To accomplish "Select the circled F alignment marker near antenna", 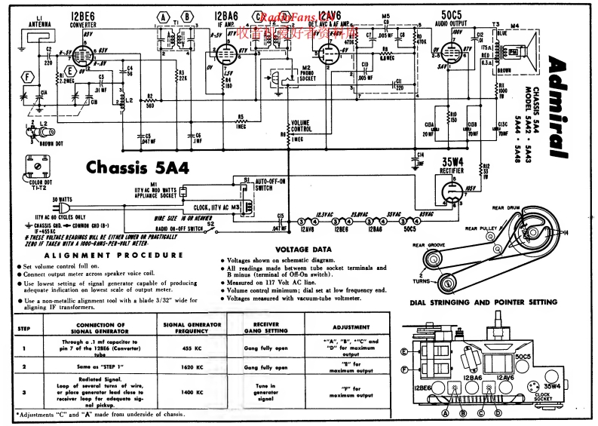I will [29, 76].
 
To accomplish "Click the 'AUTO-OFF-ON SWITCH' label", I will [269, 185].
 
